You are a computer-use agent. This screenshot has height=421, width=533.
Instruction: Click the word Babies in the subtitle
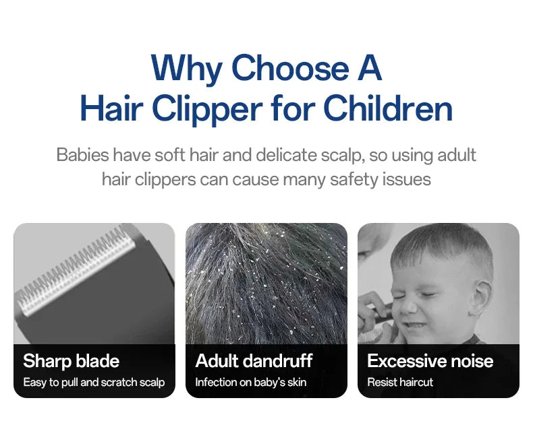(82, 155)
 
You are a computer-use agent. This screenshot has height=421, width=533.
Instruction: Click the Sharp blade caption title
(71, 361)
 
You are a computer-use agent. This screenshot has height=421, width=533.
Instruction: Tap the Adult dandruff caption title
(254, 361)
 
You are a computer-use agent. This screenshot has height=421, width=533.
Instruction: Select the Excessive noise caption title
(430, 361)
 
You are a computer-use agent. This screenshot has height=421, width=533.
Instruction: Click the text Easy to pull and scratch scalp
(94, 383)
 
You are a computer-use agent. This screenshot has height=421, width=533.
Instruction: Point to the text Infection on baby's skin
(250, 383)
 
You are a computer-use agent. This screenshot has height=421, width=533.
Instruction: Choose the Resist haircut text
(400, 383)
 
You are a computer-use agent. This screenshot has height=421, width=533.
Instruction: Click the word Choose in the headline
(289, 68)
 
